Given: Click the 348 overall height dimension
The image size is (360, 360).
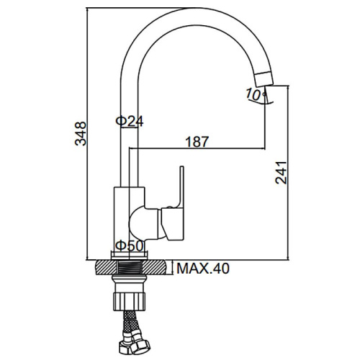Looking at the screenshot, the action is pos(81,134).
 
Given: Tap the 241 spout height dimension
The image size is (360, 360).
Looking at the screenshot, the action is pos(281,173).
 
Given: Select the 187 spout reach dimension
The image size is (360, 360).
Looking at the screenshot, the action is pos(197,142).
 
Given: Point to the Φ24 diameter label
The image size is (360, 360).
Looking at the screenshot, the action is pos(130,121).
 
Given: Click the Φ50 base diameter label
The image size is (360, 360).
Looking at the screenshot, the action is pos(130,246).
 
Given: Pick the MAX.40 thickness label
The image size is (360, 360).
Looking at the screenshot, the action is pos(203,269).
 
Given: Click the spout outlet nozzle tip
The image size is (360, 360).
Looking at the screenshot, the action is pos(264,78).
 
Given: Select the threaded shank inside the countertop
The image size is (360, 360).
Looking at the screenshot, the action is pos(130,267).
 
